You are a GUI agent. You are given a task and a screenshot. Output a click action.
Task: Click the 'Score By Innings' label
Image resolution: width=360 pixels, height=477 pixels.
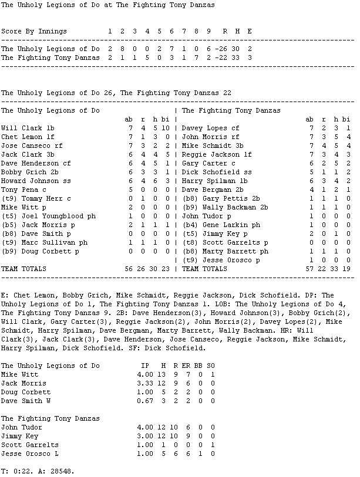34,31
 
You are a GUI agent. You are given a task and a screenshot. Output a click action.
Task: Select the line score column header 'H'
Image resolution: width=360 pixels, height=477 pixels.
237,31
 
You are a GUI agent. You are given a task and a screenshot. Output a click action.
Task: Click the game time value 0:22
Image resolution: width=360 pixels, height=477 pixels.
22,471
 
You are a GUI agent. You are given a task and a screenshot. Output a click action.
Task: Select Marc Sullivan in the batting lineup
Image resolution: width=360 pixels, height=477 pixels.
44,242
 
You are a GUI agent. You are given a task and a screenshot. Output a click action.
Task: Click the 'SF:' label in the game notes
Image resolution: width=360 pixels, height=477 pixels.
146,348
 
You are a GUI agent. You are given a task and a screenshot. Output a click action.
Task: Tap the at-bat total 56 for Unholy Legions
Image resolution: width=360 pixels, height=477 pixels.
129,269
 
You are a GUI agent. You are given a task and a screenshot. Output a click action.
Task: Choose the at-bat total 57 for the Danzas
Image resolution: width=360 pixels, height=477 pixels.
309,269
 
